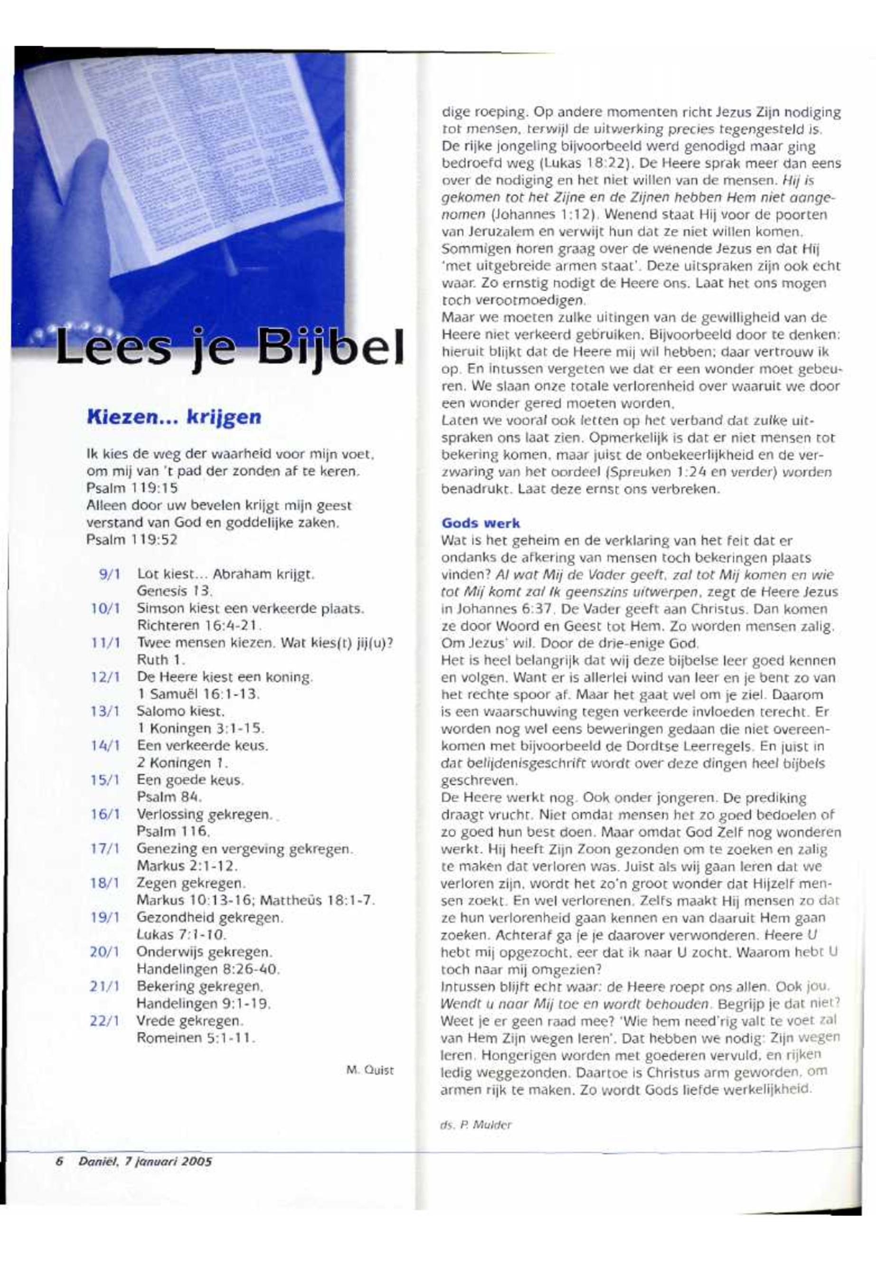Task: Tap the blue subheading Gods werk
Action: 481,523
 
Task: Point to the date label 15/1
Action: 105,780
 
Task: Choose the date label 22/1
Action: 105,1021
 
